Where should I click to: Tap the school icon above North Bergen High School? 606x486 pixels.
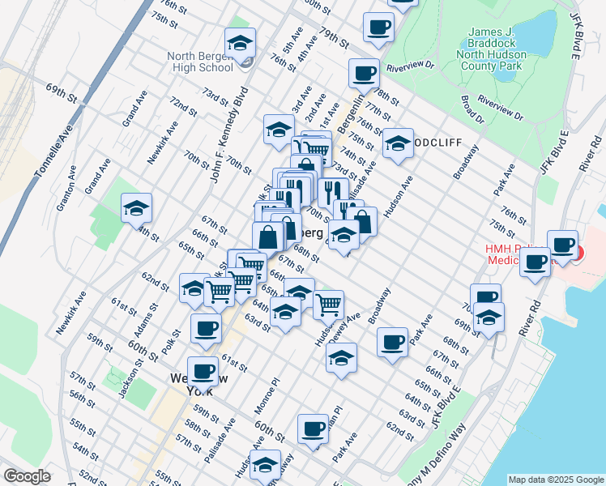(x=241, y=43)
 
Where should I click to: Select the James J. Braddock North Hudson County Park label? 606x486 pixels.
(x=497, y=55)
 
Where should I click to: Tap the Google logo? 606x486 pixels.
(x=27, y=476)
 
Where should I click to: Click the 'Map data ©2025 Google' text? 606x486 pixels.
(x=555, y=480)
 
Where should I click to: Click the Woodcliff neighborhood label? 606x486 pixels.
(x=437, y=143)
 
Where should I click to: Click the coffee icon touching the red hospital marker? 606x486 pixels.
(x=561, y=244)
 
